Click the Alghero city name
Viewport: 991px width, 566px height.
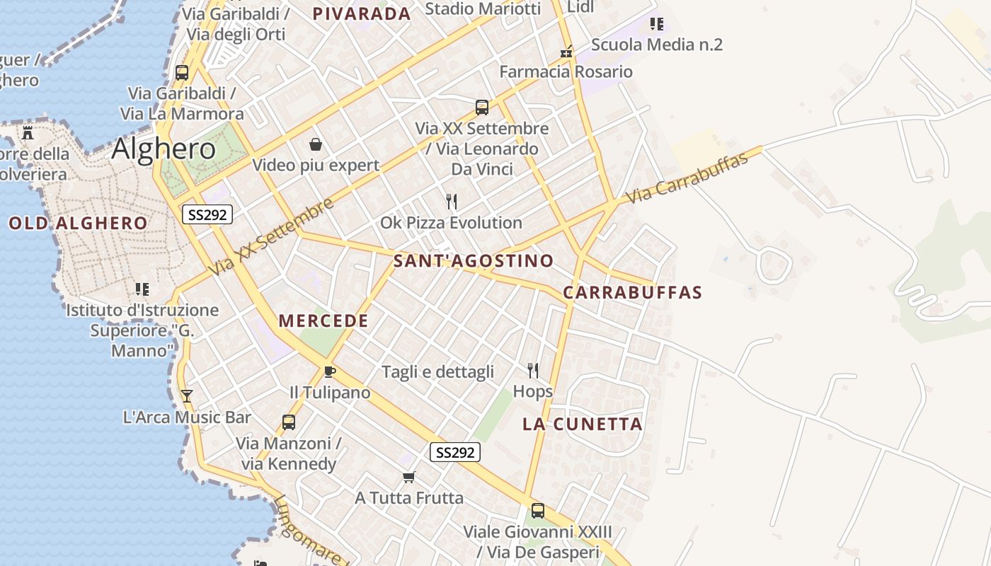pos(164,149)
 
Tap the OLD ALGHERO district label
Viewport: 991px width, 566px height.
pos(79,224)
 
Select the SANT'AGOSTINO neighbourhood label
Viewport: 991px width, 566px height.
pos(474,260)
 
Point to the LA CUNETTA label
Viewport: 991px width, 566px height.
pos(583,424)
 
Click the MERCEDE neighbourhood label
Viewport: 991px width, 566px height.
pos(323,320)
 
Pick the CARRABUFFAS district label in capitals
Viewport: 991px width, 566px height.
pos(633,292)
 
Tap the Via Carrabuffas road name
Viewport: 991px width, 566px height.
pos(687,178)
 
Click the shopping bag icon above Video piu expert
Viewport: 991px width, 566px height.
pos(316,145)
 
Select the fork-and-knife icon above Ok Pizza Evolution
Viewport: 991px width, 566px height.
pos(452,202)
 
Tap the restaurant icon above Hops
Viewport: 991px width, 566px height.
pos(533,370)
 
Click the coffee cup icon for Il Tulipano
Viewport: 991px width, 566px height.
pos(329,371)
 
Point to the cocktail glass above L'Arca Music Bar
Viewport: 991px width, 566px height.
pos(187,396)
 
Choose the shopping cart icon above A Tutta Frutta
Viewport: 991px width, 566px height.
pos(408,478)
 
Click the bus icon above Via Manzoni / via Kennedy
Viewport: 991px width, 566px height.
pos(288,422)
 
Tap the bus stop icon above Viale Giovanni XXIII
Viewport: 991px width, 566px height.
pos(538,511)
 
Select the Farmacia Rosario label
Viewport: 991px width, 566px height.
pos(566,71)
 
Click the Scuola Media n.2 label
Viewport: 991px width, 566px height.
pos(656,45)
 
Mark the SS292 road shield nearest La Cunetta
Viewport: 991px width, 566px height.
pos(454,452)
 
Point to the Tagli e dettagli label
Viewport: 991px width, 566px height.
pos(437,372)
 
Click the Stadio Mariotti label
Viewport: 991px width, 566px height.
pos(483,8)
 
